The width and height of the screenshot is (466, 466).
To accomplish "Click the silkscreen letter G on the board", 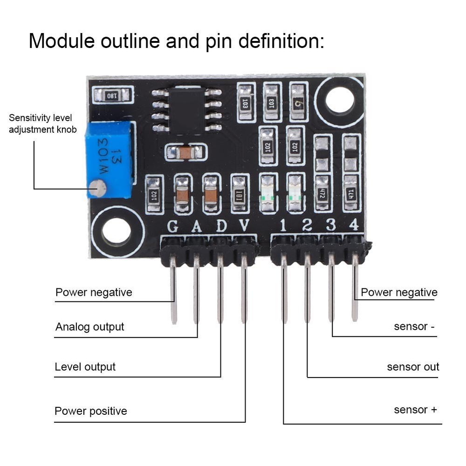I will tap(173, 226).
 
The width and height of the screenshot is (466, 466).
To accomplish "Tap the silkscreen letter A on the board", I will tap(197, 226).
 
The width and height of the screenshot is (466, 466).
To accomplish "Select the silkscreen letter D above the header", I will tap(221, 226).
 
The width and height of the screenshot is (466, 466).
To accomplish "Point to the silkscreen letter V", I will tap(244, 226).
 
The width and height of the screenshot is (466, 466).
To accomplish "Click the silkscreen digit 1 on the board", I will tap(283, 226).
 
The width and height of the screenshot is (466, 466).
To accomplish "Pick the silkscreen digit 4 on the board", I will tap(354, 225).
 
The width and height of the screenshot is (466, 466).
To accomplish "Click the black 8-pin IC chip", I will tap(186, 110).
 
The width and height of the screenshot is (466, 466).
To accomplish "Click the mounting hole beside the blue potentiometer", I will tap(116, 231).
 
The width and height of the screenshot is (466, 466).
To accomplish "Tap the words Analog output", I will tap(90, 327).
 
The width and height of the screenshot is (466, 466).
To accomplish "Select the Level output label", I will tap(85, 367).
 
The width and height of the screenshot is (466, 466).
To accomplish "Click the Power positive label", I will tap(91, 411).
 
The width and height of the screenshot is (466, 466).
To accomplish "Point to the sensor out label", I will tap(413, 367).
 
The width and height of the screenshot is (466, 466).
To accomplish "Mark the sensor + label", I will tap(416, 410).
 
